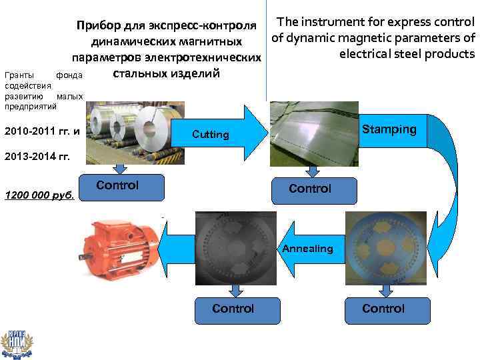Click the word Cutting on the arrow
coord(210,135)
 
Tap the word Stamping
coord(389,129)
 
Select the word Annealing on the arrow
coord(307,249)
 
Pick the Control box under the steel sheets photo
coord(310,189)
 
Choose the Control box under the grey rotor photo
coord(233,309)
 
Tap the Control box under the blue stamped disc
coord(383,309)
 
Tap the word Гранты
coord(17,76)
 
